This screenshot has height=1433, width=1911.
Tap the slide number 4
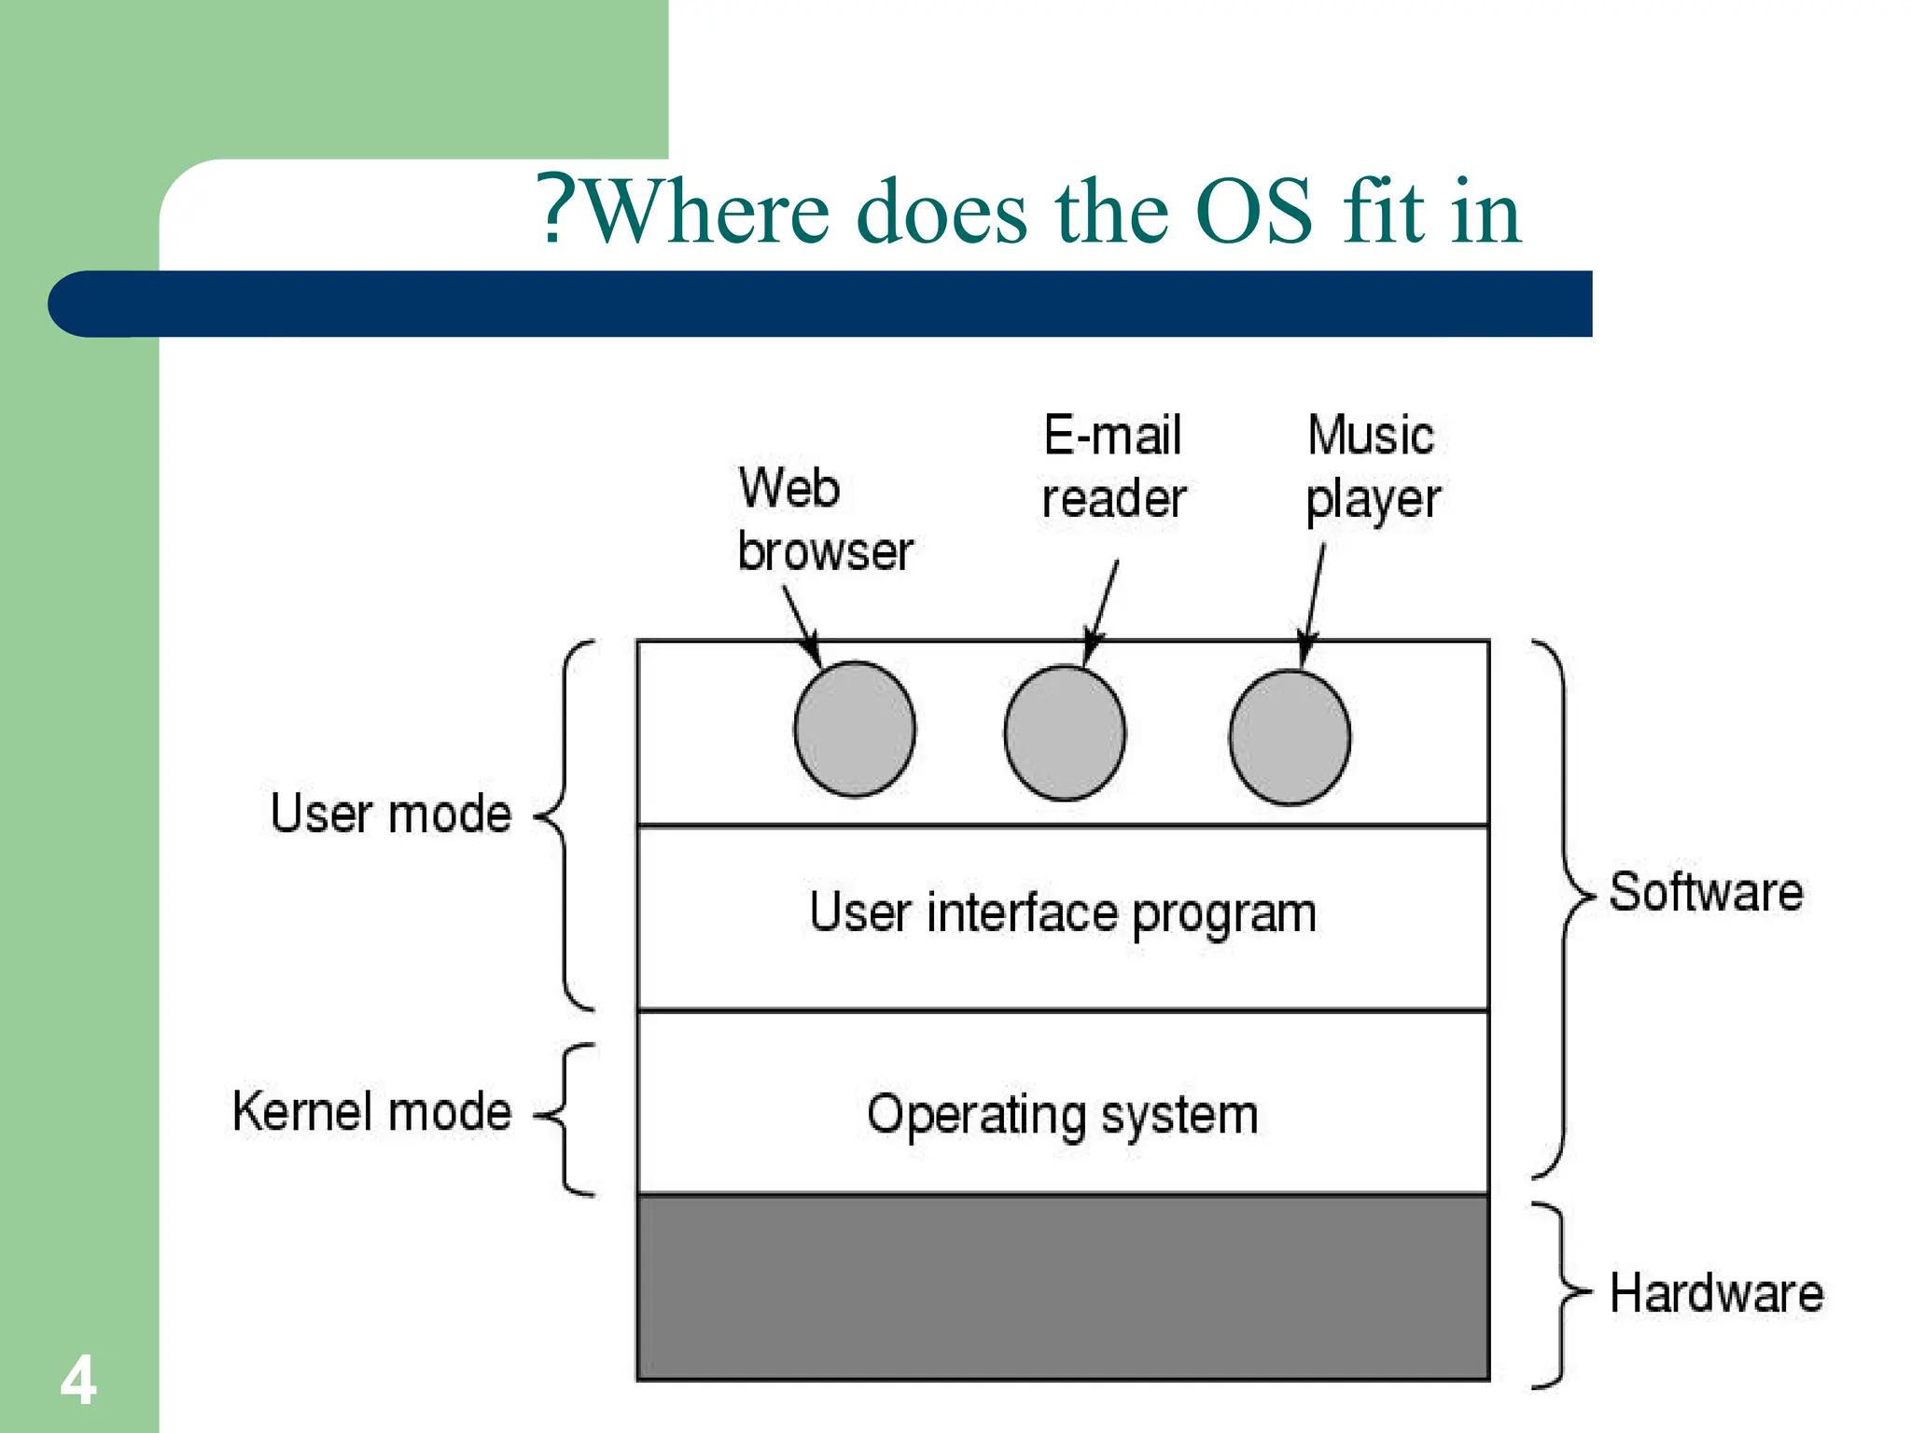78,1380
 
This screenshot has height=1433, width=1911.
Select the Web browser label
825,519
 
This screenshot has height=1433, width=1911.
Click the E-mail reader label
1113,466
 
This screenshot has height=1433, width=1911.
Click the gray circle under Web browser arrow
854,729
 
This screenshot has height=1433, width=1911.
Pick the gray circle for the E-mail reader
1065,732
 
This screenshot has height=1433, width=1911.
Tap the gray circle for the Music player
1290,737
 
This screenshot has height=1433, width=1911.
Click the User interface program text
1063,913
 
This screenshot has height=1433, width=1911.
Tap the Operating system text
1063,1114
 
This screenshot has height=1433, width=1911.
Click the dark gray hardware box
1063,1287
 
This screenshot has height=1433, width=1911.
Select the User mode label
391,814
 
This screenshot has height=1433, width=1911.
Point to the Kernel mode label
372,1112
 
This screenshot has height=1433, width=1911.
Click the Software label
1706,892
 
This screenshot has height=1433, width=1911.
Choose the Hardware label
1716,1294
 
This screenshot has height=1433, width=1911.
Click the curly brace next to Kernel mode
565,1117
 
